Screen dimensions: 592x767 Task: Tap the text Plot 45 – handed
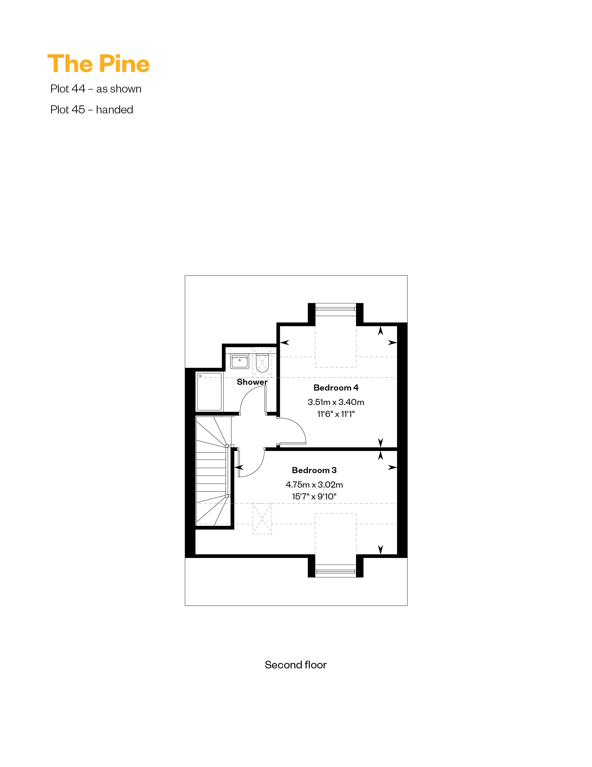pos(91,110)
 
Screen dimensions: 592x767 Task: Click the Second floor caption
pos(296,665)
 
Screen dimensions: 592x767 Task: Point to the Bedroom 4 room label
pos(336,388)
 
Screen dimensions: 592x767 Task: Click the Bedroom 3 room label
pos(314,470)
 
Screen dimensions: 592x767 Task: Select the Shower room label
pos(252,382)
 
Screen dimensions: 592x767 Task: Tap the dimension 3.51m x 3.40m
pos(336,402)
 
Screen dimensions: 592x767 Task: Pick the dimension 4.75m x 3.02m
pos(314,485)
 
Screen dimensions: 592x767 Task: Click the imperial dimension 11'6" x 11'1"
pos(336,414)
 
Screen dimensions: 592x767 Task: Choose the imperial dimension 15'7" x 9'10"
pos(314,497)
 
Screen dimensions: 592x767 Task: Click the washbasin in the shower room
pos(239,362)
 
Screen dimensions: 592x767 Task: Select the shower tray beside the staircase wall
pos(209,392)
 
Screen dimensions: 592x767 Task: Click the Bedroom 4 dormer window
pos(336,309)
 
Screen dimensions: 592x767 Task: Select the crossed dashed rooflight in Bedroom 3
pos(262,519)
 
